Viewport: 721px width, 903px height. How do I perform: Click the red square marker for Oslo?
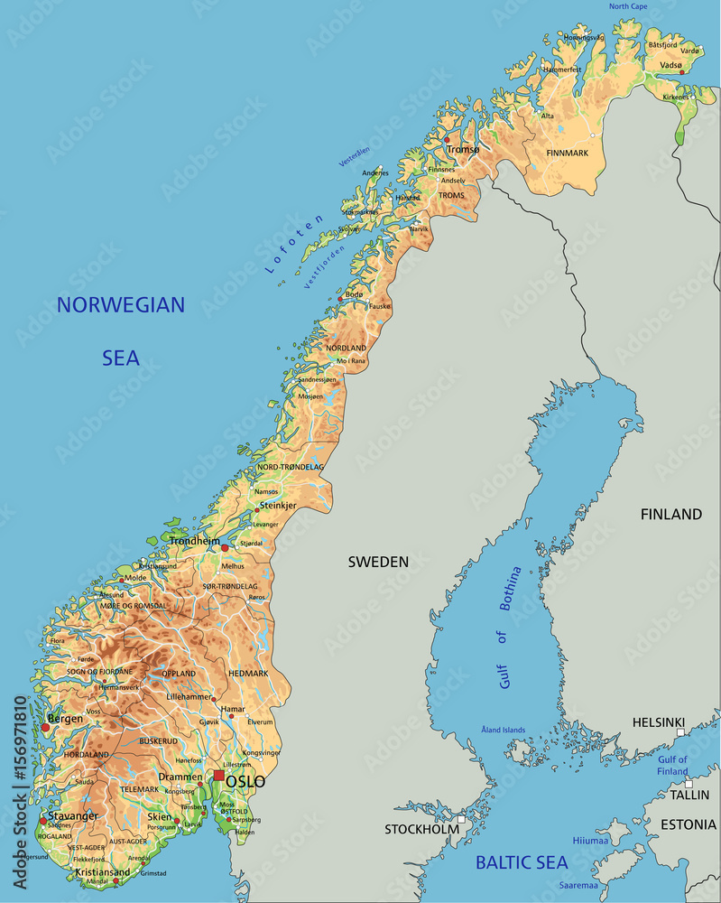coord(218,775)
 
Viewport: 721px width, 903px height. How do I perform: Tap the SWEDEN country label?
coord(378,562)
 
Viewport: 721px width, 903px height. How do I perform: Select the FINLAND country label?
coord(670,514)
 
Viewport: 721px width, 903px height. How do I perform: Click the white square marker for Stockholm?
coord(461,820)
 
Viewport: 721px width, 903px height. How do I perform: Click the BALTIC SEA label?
coord(522,862)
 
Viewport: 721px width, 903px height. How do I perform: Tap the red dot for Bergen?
coord(45,727)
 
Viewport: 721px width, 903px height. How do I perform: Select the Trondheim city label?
coord(194,541)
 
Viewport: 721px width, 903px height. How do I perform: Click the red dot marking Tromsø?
coord(446,139)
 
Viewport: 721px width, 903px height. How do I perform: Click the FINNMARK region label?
coord(567,154)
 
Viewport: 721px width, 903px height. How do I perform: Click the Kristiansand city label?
coord(103,872)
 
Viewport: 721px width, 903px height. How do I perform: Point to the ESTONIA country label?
coord(688,824)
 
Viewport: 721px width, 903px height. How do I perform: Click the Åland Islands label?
coord(504,730)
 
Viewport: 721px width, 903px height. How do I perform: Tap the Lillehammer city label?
coord(189,697)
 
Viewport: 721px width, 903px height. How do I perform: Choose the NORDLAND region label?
coord(347,348)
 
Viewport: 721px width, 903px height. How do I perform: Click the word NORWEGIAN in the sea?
coord(120,305)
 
